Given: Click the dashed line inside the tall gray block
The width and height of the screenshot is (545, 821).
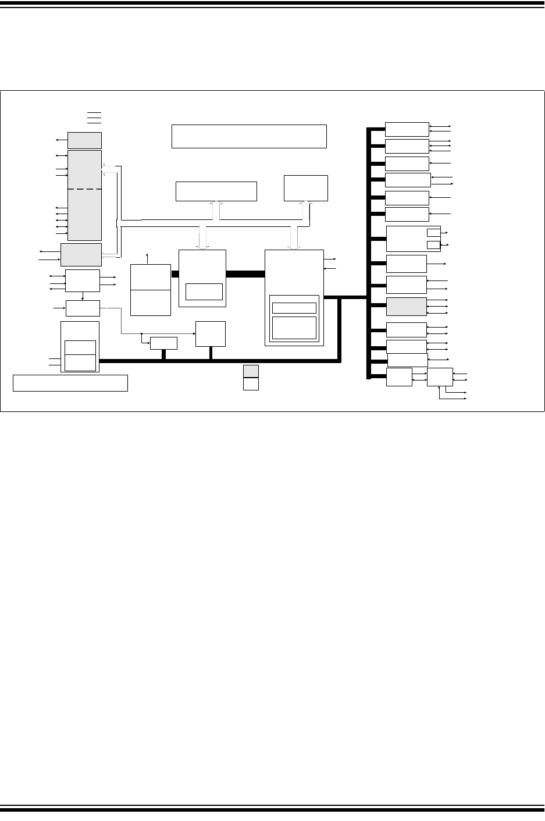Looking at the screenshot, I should (85, 189).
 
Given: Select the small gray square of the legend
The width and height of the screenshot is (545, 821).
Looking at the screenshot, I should (251, 371).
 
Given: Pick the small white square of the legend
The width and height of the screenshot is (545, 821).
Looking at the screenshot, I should (251, 384).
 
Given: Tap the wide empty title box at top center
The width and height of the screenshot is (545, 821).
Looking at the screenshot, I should (249, 136).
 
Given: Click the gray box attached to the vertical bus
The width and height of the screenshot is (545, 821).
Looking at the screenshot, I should (407, 307).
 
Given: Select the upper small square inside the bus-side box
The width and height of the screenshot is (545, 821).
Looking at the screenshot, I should (433, 233).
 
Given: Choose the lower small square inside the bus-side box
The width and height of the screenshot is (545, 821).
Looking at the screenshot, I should (433, 245).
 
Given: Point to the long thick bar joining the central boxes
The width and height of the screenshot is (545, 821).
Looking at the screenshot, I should (245, 274).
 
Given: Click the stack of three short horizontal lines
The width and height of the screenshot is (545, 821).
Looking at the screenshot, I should (94, 117).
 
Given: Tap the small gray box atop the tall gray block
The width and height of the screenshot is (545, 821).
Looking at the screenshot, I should (84, 140).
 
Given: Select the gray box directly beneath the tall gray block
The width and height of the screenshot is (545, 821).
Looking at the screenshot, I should (81, 255).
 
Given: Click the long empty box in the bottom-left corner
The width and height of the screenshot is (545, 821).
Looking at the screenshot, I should (70, 383).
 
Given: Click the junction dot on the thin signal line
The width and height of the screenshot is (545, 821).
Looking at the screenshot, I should (141, 334).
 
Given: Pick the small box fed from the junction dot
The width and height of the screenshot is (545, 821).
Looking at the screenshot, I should (163, 343).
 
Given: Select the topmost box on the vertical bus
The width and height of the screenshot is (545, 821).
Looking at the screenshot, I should (407, 129).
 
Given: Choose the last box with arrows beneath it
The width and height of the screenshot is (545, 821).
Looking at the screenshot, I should (440, 377).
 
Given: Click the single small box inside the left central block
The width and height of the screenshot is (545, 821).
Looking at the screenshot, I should (204, 292).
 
